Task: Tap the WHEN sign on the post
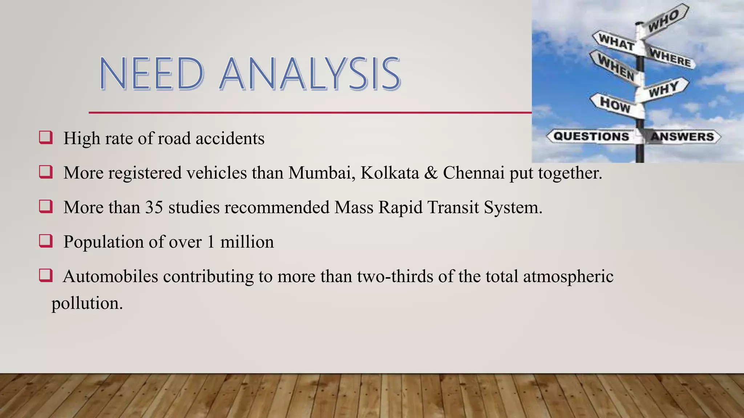pos(616,67)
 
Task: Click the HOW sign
pos(615,104)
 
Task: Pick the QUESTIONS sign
pos(591,136)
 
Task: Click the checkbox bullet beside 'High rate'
pos(46,138)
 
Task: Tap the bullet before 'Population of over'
pos(46,241)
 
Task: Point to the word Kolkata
pos(389,173)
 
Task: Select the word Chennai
pos(473,173)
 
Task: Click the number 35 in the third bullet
pos(154,208)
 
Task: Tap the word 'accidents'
pos(230,138)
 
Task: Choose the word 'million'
pos(247,242)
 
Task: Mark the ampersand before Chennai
pos(431,173)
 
